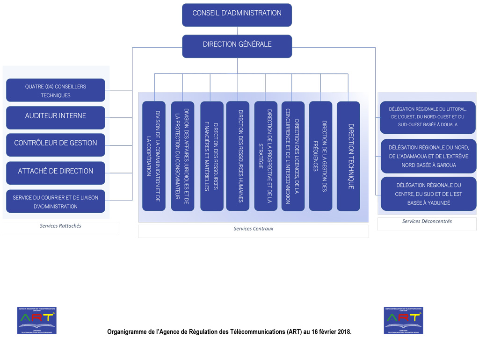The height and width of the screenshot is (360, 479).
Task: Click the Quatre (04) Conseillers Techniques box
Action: point(56,90)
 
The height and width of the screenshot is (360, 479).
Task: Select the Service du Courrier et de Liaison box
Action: point(56,202)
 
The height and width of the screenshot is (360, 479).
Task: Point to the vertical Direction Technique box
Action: point(348,156)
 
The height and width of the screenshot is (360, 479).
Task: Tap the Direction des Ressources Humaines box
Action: point(238,156)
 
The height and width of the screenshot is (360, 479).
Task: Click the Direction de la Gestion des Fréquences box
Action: point(320,156)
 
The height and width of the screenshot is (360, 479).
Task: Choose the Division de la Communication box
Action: point(154,156)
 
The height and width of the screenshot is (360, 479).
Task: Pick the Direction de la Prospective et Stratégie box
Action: point(266,156)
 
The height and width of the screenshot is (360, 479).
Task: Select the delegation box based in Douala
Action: point(428,117)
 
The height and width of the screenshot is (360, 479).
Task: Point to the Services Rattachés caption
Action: point(60,226)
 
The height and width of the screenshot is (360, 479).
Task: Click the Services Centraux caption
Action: point(254,229)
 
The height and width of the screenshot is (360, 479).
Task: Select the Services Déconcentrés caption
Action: point(427,221)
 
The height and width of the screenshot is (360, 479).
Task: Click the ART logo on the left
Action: point(37,320)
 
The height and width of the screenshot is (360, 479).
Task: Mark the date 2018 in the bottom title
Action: point(342,332)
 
